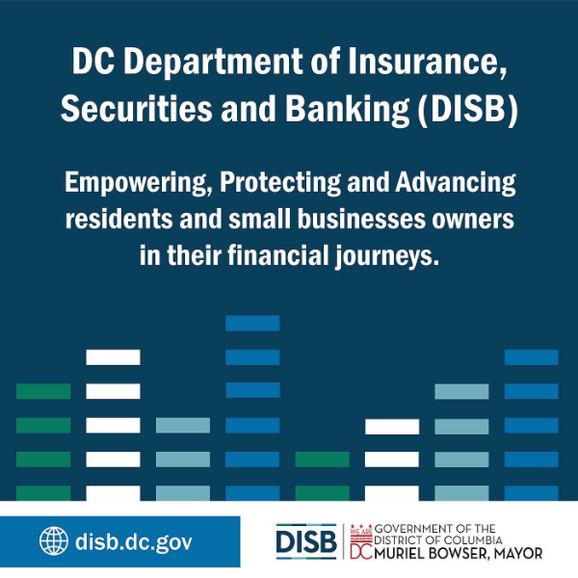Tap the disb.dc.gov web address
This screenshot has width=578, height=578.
[132, 541]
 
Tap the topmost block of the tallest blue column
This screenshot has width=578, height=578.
[252, 323]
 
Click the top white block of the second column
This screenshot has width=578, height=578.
[113, 356]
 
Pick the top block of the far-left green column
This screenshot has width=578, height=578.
[43, 391]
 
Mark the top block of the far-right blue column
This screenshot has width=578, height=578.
[531, 356]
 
